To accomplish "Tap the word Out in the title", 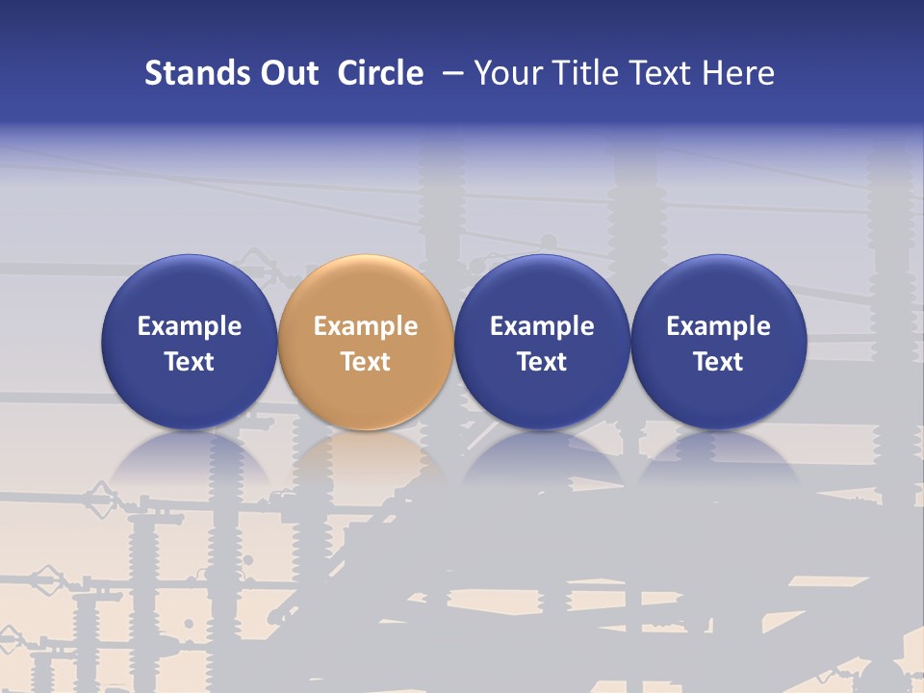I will pyautogui.click(x=287, y=73).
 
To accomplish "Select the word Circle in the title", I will pyautogui.click(x=380, y=73).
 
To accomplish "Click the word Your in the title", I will pyautogui.click(x=504, y=73).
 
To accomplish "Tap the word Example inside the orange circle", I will pyautogui.click(x=366, y=326).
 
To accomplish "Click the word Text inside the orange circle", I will pyautogui.click(x=366, y=362).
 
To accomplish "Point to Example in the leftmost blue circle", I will pyautogui.click(x=190, y=326).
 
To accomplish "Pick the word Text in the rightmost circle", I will pyautogui.click(x=719, y=362).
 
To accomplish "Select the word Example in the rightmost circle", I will pyautogui.click(x=719, y=326).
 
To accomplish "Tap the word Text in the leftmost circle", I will pyautogui.click(x=190, y=362).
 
